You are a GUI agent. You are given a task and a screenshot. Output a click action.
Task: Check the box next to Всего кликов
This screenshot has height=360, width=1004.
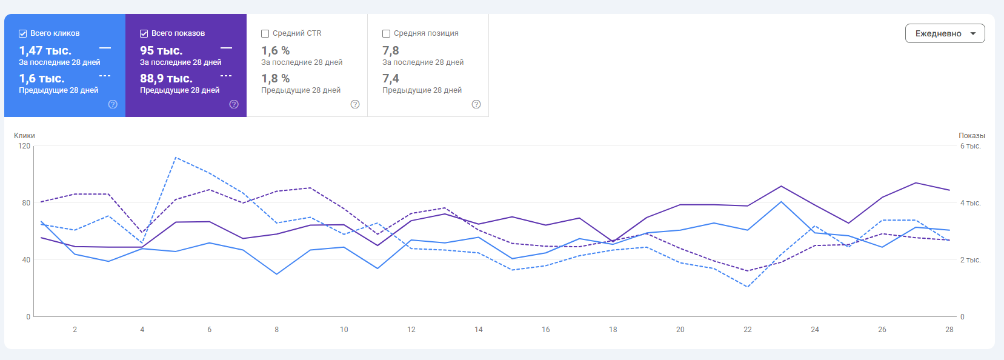coord(23,34)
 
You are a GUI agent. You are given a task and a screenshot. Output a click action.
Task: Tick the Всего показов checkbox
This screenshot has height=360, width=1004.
coord(144,34)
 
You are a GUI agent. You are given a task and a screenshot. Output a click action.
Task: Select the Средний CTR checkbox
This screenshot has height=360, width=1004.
coord(265,34)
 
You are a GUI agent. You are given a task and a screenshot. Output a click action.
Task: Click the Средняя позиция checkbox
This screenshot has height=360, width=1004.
coord(387,34)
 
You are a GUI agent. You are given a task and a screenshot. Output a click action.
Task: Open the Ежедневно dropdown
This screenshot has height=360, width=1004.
coord(945,33)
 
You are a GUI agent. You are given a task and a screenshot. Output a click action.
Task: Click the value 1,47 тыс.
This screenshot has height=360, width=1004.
coord(45,51)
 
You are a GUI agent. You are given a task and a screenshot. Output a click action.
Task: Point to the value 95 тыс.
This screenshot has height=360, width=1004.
coord(161,51)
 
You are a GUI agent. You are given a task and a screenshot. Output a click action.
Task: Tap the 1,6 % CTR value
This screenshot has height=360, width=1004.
coord(276,51)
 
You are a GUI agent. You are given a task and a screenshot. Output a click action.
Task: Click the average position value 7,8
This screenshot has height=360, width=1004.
coord(391,51)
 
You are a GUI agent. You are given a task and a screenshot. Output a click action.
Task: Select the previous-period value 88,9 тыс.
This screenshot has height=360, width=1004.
coord(166,79)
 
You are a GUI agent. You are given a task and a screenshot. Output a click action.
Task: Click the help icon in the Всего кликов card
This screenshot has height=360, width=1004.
coord(113,104)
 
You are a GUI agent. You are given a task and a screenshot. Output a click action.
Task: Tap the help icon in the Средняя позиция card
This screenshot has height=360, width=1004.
coord(476,104)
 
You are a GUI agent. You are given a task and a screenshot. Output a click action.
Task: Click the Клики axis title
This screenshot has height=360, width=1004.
coord(24,136)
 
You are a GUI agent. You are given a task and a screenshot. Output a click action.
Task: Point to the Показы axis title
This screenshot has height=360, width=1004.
coord(971,136)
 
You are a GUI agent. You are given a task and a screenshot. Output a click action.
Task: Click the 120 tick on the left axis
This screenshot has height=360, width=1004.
coord(24,146)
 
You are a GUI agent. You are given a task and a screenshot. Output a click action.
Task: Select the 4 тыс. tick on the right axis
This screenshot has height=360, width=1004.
coord(970,203)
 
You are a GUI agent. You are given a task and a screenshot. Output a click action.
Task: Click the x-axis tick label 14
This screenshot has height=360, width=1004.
coord(479,330)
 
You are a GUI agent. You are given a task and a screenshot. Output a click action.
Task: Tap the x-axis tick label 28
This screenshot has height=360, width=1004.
coord(949,330)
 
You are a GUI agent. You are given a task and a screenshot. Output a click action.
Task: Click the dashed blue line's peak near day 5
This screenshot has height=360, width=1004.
coord(176,158)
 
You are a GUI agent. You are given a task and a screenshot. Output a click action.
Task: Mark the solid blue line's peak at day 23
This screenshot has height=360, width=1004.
coord(782,202)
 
